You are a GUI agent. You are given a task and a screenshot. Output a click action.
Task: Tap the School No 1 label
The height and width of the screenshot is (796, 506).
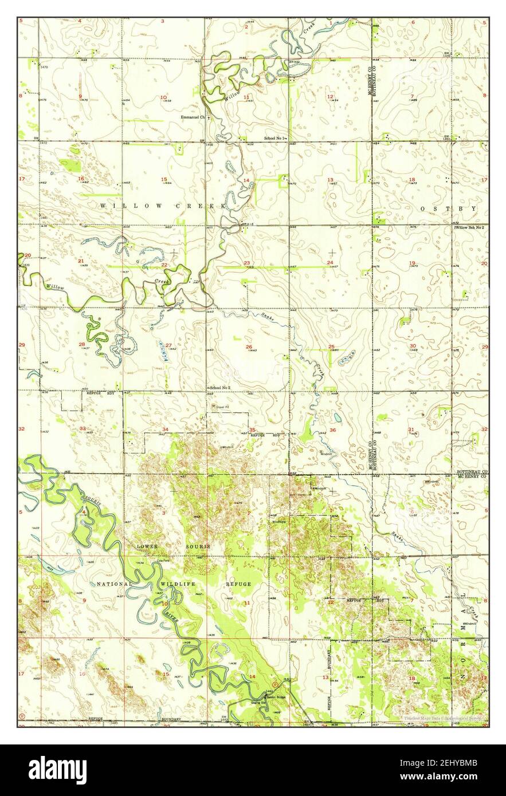(x=275, y=138)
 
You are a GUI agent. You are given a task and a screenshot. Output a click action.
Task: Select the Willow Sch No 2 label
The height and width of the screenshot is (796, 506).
(x=470, y=228)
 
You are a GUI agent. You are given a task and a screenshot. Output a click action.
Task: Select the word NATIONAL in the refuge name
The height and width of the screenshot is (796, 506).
(x=114, y=584)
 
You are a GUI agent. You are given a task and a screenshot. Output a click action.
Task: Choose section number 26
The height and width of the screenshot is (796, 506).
(x=249, y=347)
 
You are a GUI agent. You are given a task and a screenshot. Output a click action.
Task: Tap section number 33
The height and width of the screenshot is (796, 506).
(x=82, y=428)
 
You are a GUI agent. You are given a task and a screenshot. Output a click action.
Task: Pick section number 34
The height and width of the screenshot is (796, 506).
(x=165, y=429)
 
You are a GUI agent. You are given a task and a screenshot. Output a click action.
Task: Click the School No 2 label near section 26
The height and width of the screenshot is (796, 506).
(x=220, y=388)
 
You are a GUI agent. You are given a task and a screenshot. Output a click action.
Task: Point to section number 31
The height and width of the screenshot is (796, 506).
(x=411, y=429)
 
